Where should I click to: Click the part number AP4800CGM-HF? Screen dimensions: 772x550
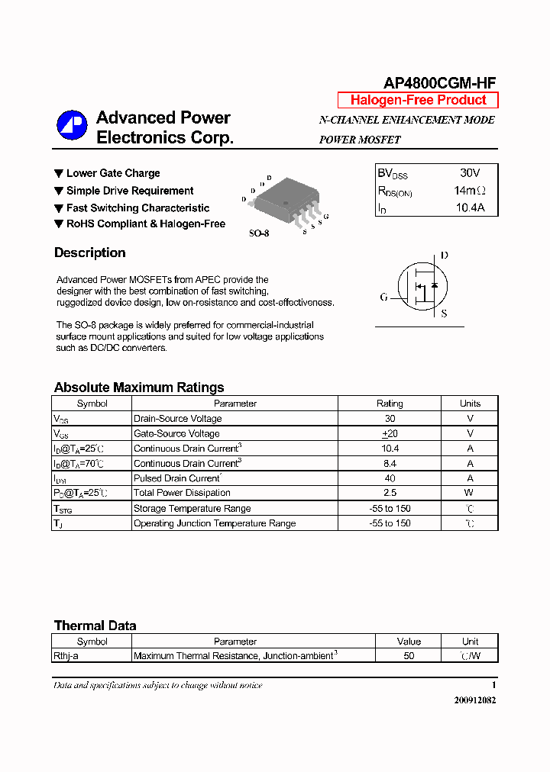tap(435, 85)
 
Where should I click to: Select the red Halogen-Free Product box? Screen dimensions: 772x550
tap(418, 100)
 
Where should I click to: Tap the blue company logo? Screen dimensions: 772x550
tap(72, 126)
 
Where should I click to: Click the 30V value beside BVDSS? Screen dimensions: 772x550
tap(470, 173)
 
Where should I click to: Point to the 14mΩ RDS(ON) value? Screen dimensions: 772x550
tap(469, 191)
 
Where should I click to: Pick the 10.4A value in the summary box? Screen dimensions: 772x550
tap(470, 207)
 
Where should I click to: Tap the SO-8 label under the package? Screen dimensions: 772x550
tap(259, 233)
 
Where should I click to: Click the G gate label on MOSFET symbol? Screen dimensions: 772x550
tap(384, 297)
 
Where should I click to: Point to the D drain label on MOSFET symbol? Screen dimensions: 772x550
tap(445, 256)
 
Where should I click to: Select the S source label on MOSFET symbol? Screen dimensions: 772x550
tap(444, 314)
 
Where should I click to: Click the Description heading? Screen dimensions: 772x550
tap(90, 253)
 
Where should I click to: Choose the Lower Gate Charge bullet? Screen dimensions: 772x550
tap(113, 173)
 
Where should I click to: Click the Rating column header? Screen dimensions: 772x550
tap(390, 404)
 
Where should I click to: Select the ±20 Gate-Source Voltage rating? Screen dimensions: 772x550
tap(390, 433)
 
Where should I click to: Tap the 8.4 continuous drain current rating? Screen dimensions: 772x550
tap(390, 463)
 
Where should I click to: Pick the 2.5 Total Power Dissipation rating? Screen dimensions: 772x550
tap(390, 493)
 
